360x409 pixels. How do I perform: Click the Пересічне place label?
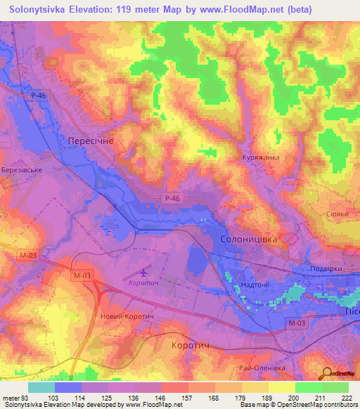point(90,141)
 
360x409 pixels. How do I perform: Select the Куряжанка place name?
point(260,157)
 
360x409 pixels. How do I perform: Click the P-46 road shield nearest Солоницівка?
point(172,199)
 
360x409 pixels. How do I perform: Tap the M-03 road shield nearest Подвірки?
point(297,323)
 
